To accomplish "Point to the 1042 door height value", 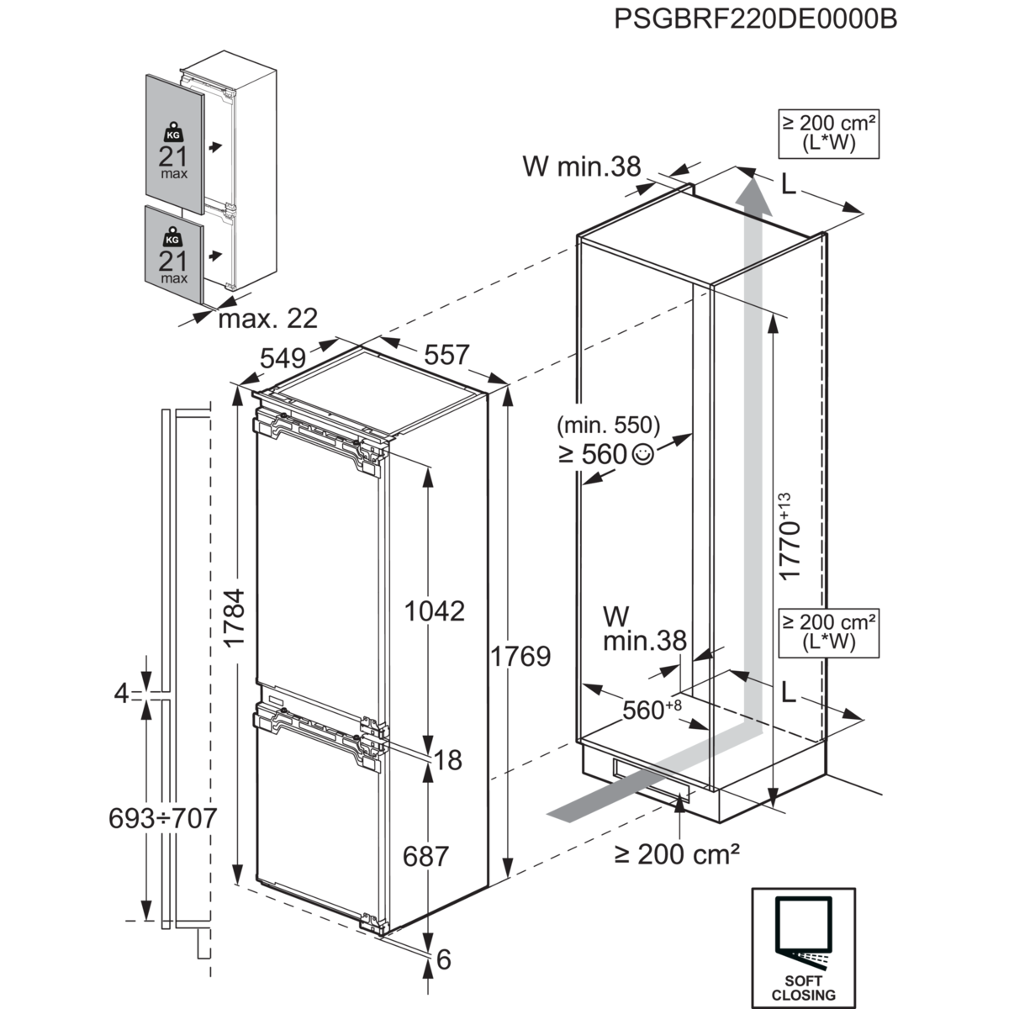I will pos(434,610).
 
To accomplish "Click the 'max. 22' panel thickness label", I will pos(267,318).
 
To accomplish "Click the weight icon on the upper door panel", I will pos(172,133).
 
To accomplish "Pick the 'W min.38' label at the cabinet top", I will pos(582,167).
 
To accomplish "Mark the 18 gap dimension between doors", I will pos(449,760).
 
